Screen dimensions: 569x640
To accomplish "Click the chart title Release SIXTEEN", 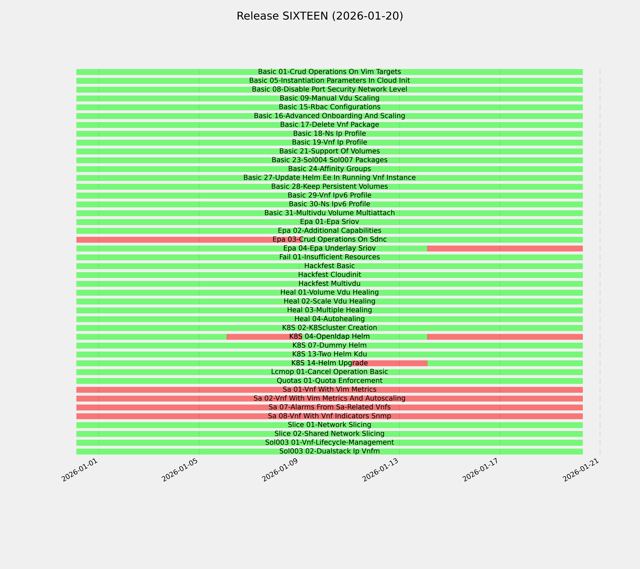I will (x=320, y=16).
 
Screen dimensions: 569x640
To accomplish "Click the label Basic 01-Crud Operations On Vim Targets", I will (x=329, y=72).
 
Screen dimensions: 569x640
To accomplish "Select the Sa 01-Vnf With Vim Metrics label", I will (x=329, y=390).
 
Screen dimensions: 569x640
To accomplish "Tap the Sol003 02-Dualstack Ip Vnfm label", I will (x=329, y=451).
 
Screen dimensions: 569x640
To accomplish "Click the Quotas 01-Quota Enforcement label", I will (x=329, y=381).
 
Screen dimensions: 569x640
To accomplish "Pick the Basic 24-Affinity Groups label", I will (x=329, y=169).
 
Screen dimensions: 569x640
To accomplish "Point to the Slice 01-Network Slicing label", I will (x=329, y=425).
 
